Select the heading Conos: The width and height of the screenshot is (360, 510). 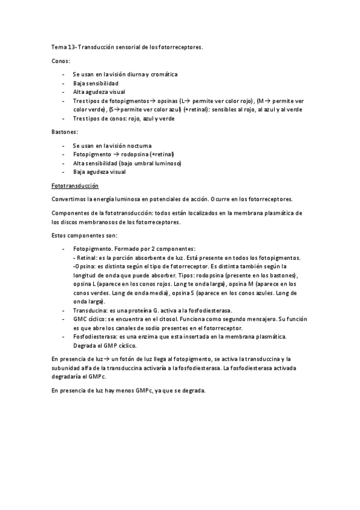60,61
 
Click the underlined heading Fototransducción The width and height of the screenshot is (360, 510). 75,186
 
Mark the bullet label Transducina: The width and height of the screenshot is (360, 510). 91,310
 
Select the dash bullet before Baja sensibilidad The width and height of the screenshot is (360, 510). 64,83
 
